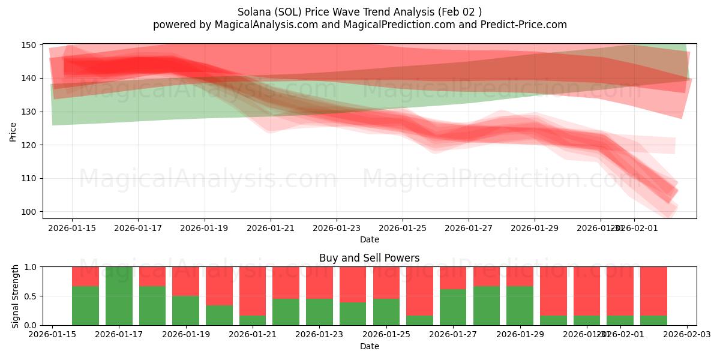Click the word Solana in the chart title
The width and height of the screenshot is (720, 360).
tap(253, 12)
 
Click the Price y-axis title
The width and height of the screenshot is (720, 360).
tap(13, 131)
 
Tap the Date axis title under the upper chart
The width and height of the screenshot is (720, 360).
tap(369, 239)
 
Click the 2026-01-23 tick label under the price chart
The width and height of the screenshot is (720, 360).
tap(336, 228)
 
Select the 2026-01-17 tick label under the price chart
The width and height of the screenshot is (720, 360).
tap(138, 228)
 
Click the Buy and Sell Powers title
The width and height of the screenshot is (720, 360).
tap(369, 259)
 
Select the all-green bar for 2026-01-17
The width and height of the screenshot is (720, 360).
tap(119, 296)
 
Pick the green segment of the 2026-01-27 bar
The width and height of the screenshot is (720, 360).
tap(453, 307)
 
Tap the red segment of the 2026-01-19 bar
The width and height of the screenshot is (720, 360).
tap(185, 281)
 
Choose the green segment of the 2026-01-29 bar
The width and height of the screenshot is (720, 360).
tap(520, 305)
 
